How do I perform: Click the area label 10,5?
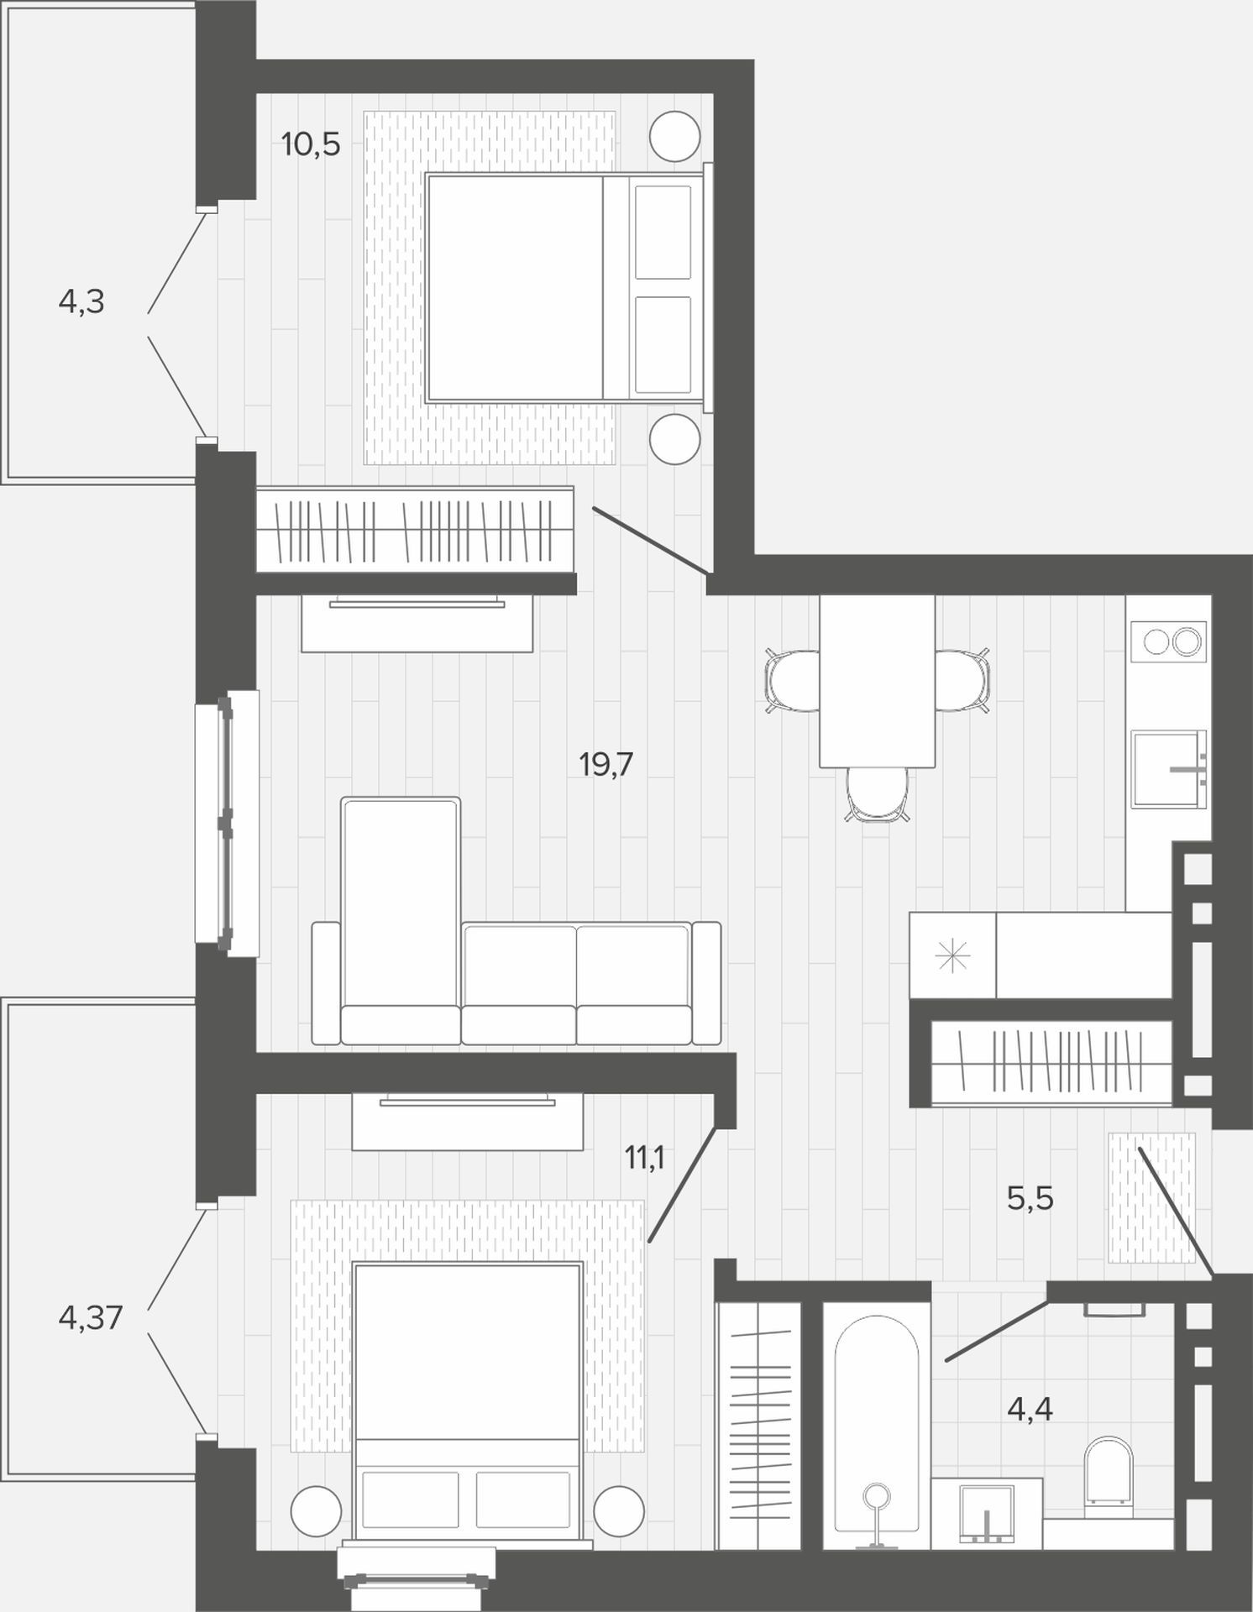pyautogui.click(x=311, y=144)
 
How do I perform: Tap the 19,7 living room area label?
pyautogui.click(x=606, y=764)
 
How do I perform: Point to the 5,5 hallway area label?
pyautogui.click(x=1030, y=1199)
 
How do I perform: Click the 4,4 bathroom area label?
pyautogui.click(x=1030, y=1409)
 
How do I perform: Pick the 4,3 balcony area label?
pyautogui.click(x=81, y=301)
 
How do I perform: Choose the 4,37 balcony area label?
pyautogui.click(x=91, y=1317)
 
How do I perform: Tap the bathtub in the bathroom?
pyautogui.click(x=876, y=1431)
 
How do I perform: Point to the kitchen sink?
pyautogui.click(x=1168, y=769)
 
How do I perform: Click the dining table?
pyautogui.click(x=878, y=681)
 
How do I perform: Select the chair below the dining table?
pyautogui.click(x=878, y=794)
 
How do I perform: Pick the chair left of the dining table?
pyautogui.click(x=793, y=681)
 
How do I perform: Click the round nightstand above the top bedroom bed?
pyautogui.click(x=675, y=136)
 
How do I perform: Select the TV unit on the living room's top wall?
pyautogui.click(x=417, y=622)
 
